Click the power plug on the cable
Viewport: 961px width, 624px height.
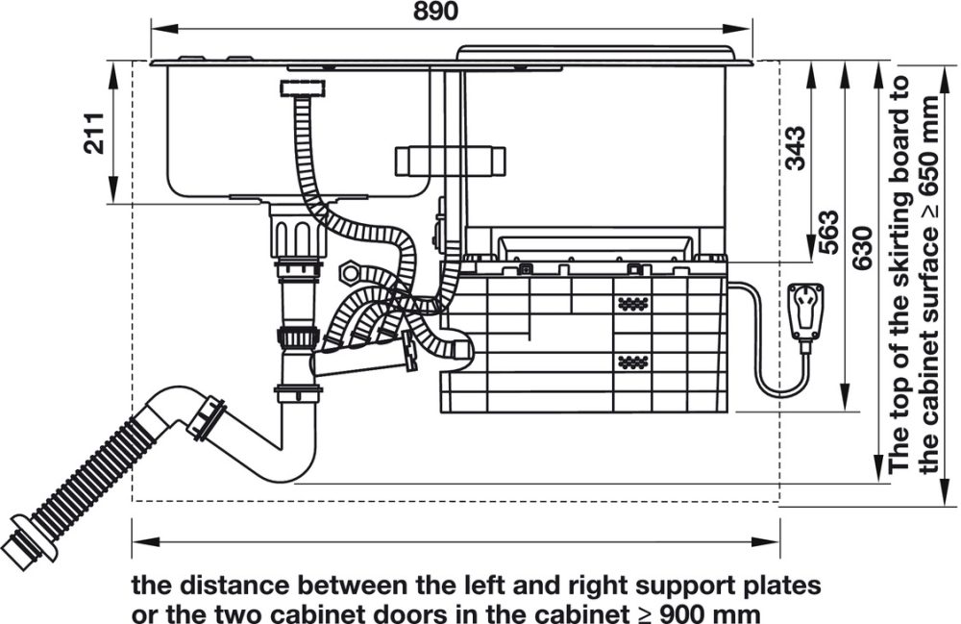803,312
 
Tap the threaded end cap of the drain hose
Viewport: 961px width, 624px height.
21,544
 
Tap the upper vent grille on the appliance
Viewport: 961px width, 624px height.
631,303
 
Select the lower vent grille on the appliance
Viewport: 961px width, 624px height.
631,362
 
